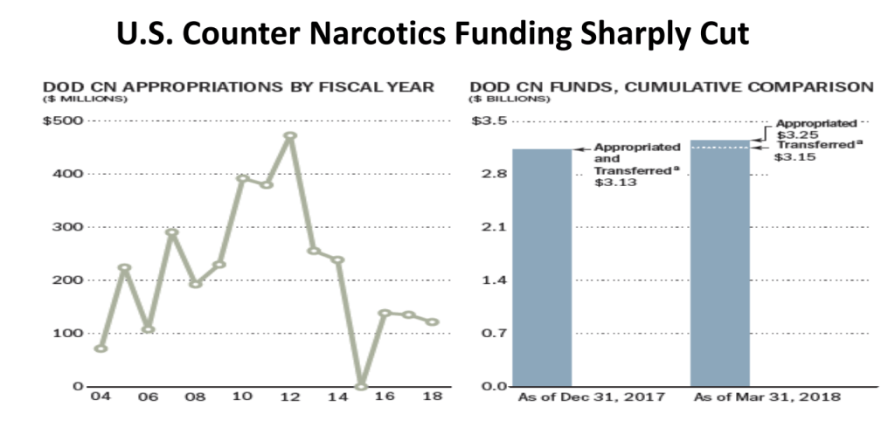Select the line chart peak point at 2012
tap(290, 136)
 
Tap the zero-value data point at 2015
tap(361, 385)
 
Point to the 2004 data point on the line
tap(101, 348)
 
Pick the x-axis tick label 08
tap(196, 397)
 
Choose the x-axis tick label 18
tap(432, 397)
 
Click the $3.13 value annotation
tap(611, 183)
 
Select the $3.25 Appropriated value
tap(794, 135)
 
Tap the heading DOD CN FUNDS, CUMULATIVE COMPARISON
tap(671, 86)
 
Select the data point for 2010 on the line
tap(243, 178)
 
